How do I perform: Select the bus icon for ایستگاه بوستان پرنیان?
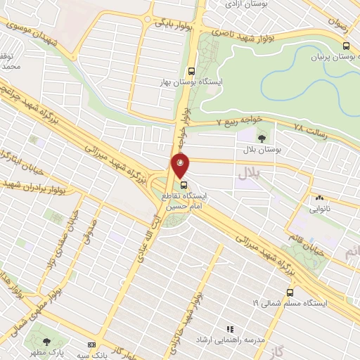(x=345, y=45)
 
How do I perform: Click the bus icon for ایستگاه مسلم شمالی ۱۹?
(x=290, y=292)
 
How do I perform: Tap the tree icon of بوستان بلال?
(x=262, y=139)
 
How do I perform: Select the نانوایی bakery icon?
(x=320, y=198)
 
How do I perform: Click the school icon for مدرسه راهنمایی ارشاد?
(x=229, y=328)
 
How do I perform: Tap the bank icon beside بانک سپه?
(x=91, y=345)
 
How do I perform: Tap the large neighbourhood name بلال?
(x=250, y=172)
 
